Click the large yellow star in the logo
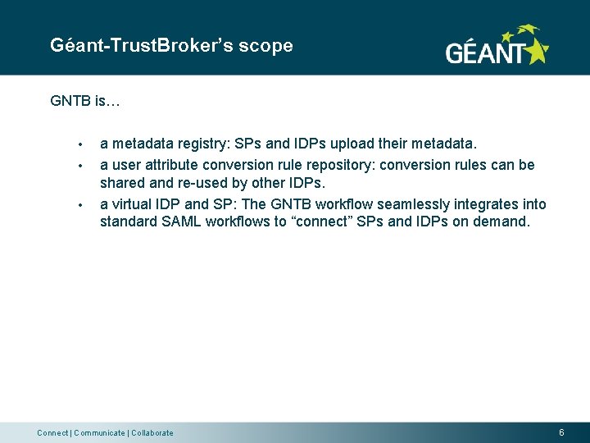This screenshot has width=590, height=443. (x=536, y=51)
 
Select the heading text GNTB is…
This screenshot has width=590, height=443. (x=85, y=102)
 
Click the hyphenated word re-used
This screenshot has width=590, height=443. (x=199, y=184)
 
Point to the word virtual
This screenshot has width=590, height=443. (x=134, y=204)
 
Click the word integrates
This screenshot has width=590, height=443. (x=476, y=204)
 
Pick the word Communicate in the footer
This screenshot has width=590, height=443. (x=99, y=433)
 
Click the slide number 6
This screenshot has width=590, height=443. (x=561, y=432)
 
